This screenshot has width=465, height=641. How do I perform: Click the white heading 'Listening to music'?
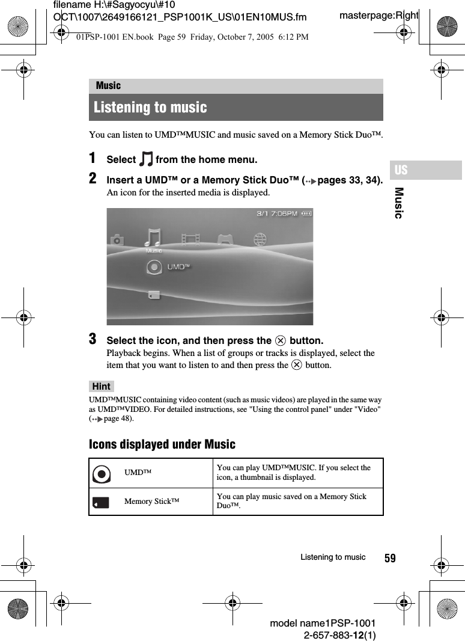point(150,108)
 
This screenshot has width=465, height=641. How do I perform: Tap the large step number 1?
point(93,158)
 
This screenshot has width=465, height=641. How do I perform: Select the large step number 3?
point(93,339)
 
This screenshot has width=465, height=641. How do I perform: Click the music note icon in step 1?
point(145,159)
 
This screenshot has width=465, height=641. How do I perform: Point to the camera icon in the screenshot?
point(117,240)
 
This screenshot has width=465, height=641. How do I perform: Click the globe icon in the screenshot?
point(260,239)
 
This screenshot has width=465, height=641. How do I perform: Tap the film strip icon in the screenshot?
point(190,239)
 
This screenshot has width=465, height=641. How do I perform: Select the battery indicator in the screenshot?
point(306,213)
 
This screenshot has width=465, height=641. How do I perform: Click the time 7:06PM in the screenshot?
point(284,213)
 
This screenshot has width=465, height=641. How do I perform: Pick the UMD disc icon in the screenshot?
point(154,266)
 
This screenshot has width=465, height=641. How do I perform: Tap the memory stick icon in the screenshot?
point(154,295)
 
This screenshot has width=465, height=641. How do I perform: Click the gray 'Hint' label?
point(102,386)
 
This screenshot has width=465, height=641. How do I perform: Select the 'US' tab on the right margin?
point(401,170)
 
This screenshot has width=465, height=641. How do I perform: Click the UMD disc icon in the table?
point(102,474)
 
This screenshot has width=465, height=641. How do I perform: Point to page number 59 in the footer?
point(390,559)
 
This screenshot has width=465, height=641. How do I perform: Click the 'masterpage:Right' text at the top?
point(378,15)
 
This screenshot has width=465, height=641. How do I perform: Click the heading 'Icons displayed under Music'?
point(162,444)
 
